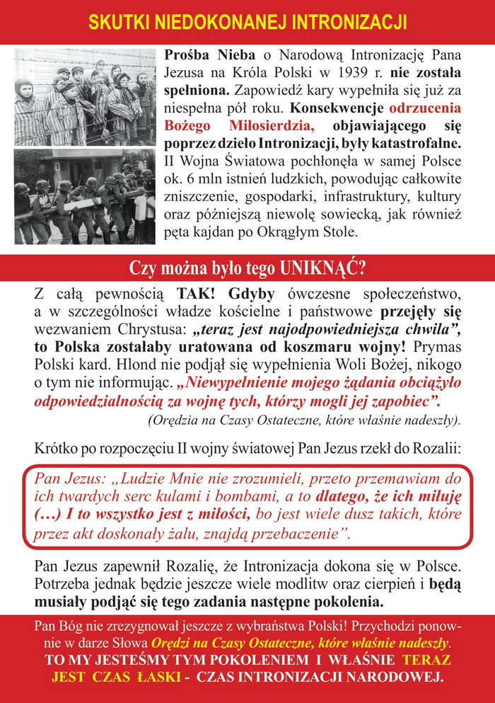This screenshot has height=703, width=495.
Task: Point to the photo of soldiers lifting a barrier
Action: [x=85, y=197]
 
